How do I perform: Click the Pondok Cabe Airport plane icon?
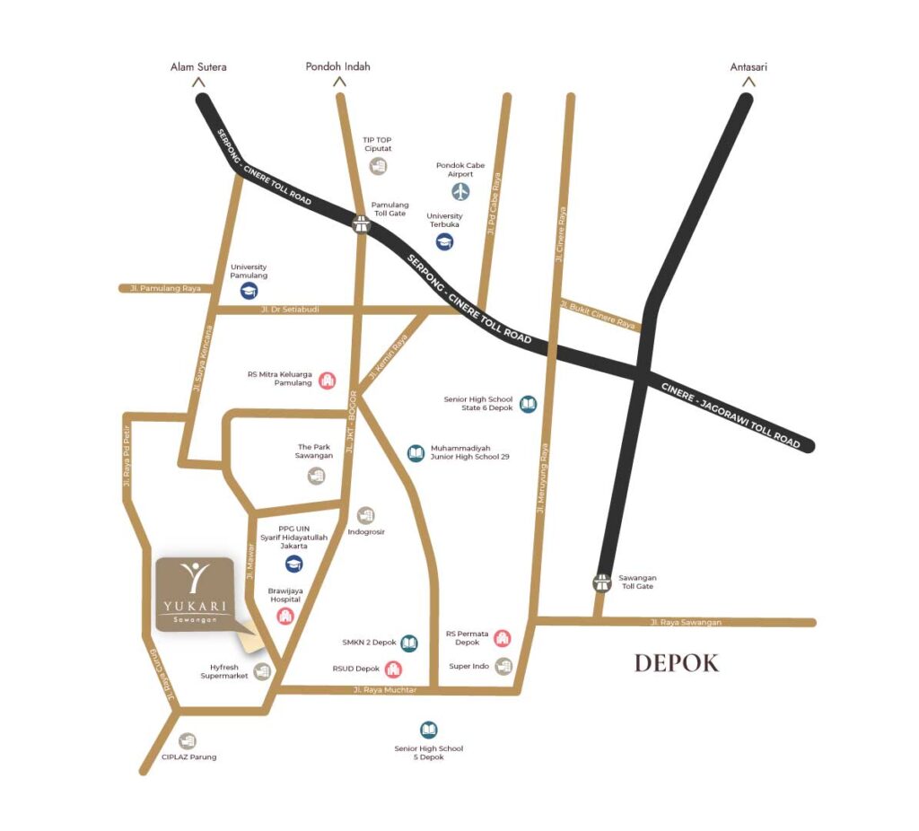[460, 191]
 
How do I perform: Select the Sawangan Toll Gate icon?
[602, 582]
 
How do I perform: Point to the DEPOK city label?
[676, 663]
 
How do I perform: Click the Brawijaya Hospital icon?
[285, 616]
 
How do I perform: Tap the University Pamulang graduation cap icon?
[249, 290]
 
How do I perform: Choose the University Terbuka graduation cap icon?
[444, 241]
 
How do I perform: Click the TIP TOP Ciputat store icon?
[378, 166]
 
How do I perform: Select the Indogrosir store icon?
[365, 515]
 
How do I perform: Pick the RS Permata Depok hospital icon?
[502, 638]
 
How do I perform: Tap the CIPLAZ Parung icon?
[187, 741]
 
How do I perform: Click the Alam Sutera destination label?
[198, 66]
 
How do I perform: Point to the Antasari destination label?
[749, 66]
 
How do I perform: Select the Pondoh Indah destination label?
[337, 66]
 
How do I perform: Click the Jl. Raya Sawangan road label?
[686, 622]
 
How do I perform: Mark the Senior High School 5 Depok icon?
[429, 730]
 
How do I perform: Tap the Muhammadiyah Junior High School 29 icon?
[416, 453]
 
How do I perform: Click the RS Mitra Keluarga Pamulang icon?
[327, 380]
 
